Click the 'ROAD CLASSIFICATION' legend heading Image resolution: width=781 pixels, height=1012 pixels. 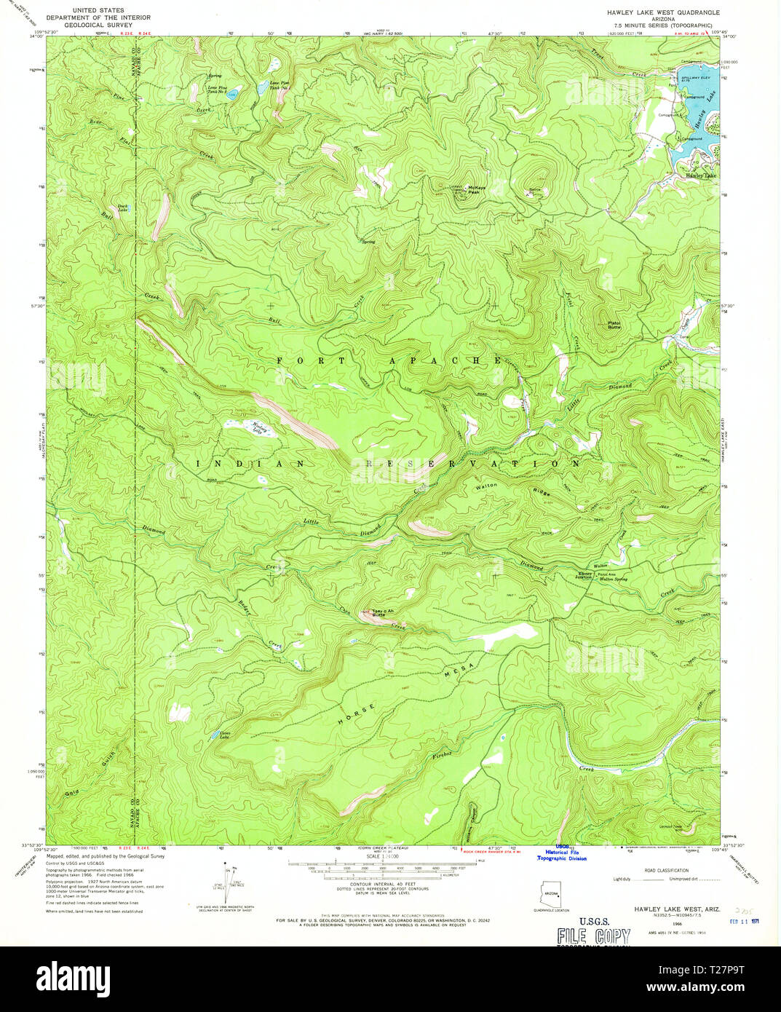(x=662, y=870)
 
